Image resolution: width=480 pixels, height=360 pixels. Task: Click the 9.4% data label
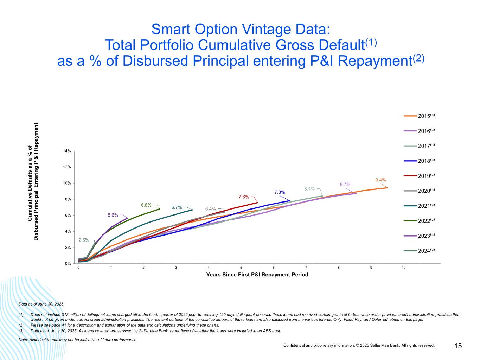tap(380, 180)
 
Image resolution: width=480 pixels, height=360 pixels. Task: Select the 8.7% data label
tap(345, 184)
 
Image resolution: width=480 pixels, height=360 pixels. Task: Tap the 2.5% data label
tap(84, 240)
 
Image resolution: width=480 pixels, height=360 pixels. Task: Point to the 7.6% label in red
tap(244, 197)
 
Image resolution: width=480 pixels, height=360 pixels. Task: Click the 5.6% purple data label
tap(113, 215)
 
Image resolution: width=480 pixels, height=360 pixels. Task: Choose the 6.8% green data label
tap(146, 205)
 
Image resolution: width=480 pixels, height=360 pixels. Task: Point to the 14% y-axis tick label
tap(67, 151)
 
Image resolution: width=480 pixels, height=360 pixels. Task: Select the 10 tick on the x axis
tap(404, 268)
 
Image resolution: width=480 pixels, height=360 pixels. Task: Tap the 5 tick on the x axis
tap(241, 268)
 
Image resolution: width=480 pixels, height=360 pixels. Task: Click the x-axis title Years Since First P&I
tap(257, 275)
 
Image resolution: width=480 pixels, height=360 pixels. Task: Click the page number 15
tap(458, 346)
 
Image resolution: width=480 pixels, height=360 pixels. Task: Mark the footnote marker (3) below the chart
tap(21, 331)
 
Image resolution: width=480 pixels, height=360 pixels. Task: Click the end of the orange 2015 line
tap(388, 188)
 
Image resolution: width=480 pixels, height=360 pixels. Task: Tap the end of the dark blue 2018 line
tap(290, 201)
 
